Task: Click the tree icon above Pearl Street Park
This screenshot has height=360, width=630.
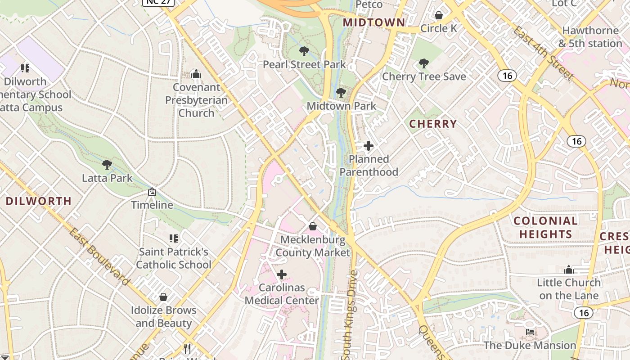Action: (304, 51)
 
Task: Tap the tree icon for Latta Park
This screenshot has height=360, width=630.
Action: (107, 165)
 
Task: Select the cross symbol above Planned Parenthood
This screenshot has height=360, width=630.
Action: (369, 146)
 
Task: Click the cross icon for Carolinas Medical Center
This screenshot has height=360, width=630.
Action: (282, 274)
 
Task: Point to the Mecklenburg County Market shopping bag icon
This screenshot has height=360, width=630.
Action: (313, 226)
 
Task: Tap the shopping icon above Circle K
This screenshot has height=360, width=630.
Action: (439, 16)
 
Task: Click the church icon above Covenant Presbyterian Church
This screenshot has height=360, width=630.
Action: (196, 74)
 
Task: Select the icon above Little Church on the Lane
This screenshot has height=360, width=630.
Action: (569, 270)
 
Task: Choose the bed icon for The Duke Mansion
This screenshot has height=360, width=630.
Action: (530, 332)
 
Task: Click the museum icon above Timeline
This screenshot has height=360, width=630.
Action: (152, 192)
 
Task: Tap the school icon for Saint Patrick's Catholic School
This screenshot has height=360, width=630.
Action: (174, 238)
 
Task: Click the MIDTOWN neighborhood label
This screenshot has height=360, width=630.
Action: (374, 22)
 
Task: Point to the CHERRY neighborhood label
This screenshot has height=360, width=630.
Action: (433, 124)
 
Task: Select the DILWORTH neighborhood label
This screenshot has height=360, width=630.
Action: (39, 201)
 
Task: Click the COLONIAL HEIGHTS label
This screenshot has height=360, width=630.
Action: (545, 227)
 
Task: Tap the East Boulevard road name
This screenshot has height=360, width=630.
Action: (99, 256)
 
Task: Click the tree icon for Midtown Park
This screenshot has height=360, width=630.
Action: (341, 93)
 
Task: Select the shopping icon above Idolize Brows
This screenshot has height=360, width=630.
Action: (163, 297)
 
